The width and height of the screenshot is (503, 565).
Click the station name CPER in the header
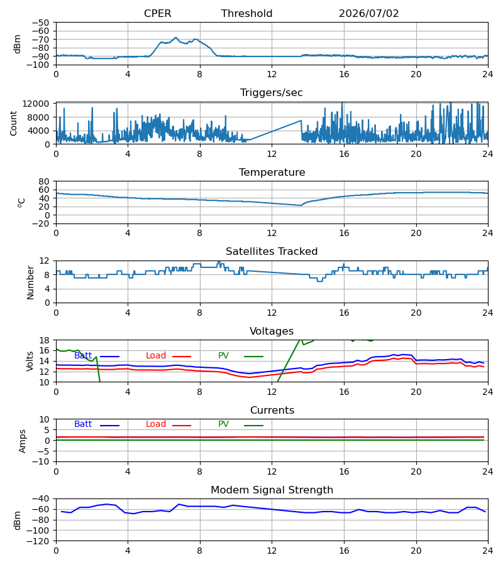157,13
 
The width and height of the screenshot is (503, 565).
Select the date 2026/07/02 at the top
368,13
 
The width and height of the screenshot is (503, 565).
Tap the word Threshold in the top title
246,13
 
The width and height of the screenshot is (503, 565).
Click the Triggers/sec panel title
272,93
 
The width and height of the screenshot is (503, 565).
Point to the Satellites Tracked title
272,251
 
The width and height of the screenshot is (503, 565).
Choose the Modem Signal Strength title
272,490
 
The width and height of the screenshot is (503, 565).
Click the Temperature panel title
272,172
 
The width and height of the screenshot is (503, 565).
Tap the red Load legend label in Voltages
155,356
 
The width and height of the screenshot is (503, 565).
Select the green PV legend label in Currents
223,424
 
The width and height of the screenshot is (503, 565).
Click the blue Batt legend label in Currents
83,424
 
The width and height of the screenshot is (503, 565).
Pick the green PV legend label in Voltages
223,356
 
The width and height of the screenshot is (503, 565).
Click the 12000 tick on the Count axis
36,104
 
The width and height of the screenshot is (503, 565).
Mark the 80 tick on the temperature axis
44,181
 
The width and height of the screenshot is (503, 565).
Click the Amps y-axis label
23,441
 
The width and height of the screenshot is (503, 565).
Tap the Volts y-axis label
30,361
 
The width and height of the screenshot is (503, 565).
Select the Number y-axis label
30,282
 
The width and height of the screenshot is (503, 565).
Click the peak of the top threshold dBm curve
175,38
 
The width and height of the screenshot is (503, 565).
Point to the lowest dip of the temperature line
301,205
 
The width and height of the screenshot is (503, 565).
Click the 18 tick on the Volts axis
44,340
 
